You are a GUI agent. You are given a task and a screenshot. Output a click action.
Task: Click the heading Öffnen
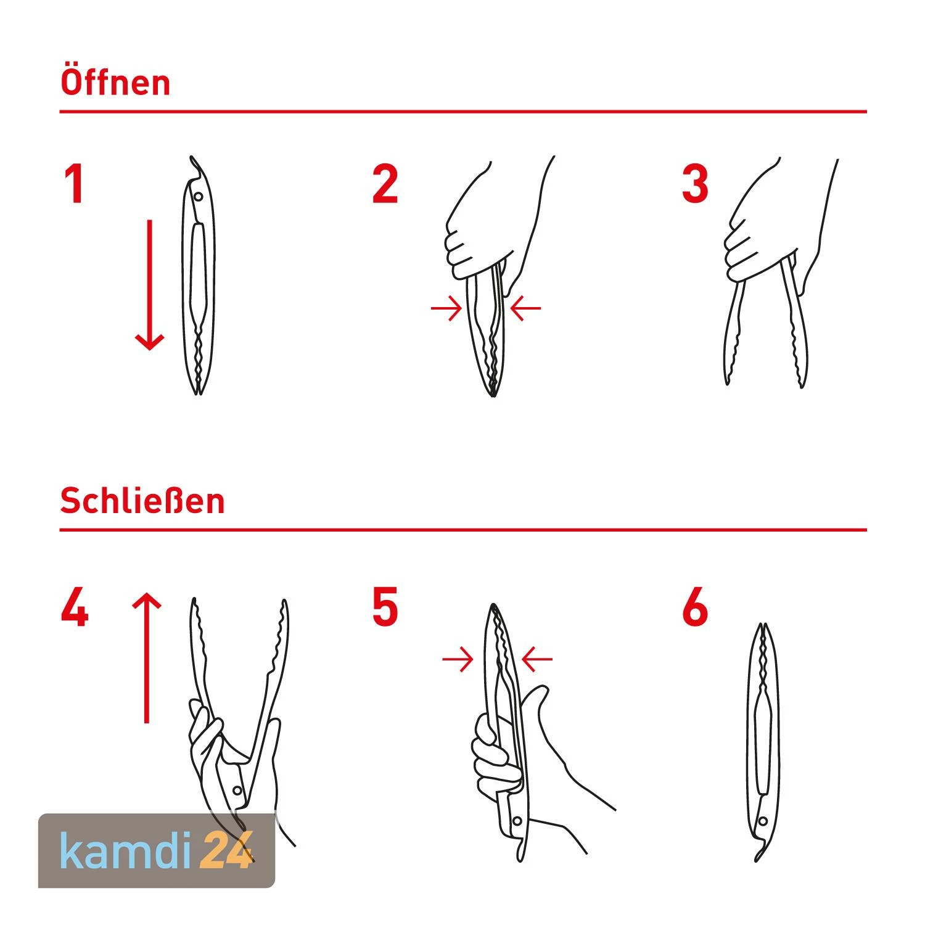pos(115,82)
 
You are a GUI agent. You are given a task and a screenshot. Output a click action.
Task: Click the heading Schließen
pos(142,501)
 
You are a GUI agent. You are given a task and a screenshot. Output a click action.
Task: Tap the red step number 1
pos(75,184)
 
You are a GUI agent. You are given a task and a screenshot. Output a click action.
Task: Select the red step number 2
pos(385,184)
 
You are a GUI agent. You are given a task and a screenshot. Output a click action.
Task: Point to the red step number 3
pos(695,184)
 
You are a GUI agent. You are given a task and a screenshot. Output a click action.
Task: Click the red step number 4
pos(75,608)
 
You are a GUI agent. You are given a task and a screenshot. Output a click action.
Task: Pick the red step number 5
pos(385,608)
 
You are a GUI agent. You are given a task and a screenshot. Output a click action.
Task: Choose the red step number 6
pos(696,608)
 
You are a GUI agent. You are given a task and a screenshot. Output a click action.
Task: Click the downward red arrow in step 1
pos(149,285)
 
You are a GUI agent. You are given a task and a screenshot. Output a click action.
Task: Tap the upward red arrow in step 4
pos(147,657)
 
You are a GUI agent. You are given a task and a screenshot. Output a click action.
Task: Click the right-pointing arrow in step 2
pos(446,308)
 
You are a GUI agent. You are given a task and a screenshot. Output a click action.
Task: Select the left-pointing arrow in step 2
pos(526,308)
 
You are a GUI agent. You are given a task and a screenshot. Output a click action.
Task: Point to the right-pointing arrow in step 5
pos(458,659)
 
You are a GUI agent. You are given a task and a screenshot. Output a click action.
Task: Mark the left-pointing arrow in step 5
pos(537,659)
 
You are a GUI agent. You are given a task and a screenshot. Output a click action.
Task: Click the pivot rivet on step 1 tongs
pos(198,197)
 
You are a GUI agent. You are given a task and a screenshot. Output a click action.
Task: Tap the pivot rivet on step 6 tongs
pos(763,821)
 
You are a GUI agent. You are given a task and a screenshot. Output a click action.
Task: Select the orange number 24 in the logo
pos(226,850)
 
